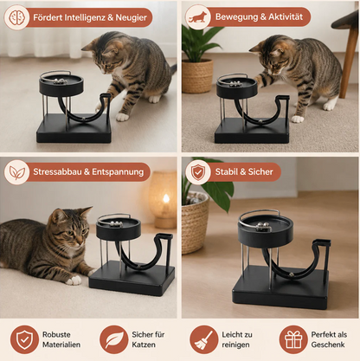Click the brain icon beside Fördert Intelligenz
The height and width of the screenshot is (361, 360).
(x=16, y=17)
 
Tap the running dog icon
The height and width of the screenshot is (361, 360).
(x=198, y=17)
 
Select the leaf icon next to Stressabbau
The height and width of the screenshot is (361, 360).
(x=16, y=172)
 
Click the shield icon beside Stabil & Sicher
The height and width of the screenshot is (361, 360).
(x=198, y=172)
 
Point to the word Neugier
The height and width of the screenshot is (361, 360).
(x=132, y=17)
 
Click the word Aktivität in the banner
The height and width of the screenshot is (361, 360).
(x=286, y=16)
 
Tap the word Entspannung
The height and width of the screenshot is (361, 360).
(x=118, y=172)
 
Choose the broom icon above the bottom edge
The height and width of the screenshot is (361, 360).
(x=203, y=339)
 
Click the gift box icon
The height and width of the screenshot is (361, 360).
(x=293, y=340)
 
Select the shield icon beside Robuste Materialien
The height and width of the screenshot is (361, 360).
(x=24, y=339)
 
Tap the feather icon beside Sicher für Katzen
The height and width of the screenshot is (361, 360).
(x=114, y=339)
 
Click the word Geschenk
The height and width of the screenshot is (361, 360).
(x=328, y=345)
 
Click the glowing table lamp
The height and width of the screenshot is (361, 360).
(x=164, y=199)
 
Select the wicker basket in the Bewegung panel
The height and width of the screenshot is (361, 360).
(x=197, y=76)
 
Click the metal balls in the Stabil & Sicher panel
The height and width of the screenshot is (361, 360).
(x=263, y=227)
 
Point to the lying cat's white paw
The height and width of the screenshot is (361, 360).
(x=74, y=280)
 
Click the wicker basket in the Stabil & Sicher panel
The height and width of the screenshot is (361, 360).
(x=194, y=222)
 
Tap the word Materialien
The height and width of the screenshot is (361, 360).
(x=61, y=345)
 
